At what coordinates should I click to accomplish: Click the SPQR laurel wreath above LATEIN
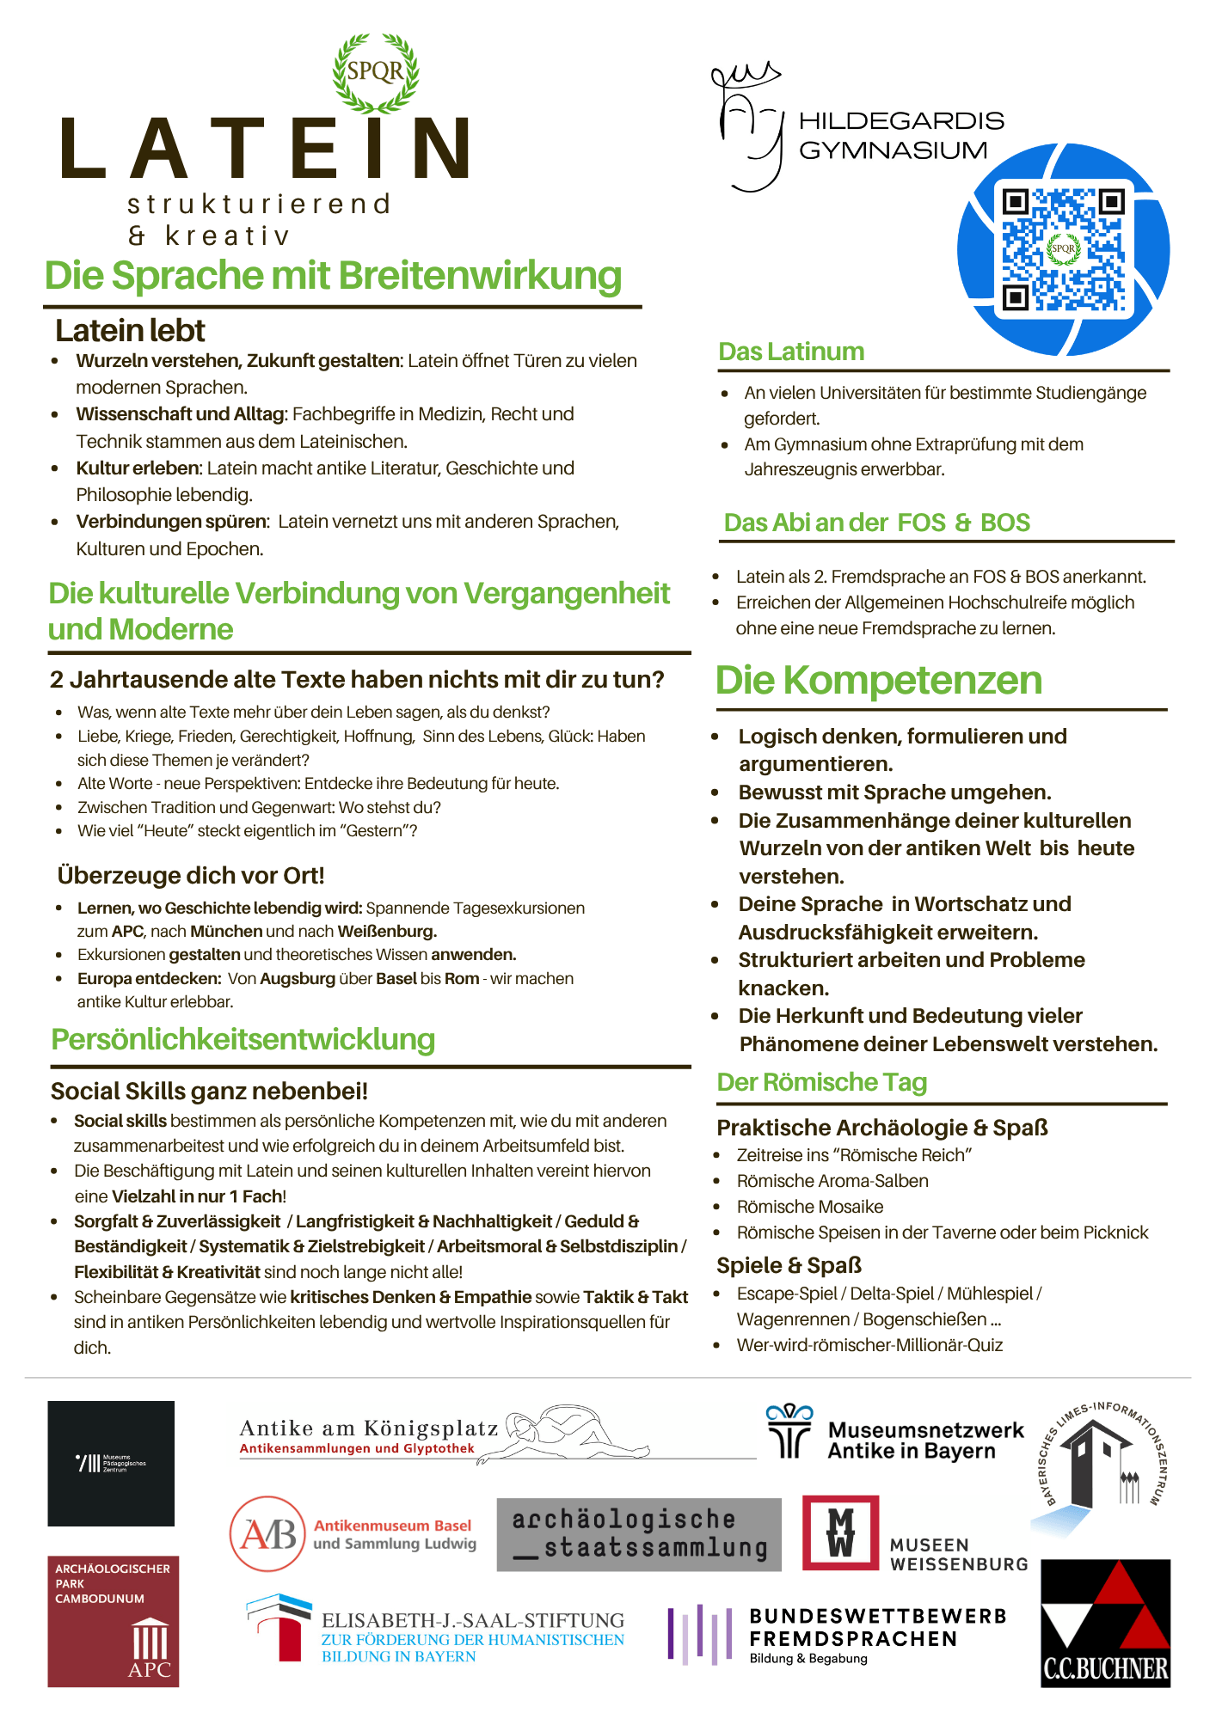pos(376,72)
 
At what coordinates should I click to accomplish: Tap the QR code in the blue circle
pos(1063,249)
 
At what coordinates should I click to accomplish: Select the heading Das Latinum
pos(791,352)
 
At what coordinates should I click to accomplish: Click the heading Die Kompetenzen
pos(878,680)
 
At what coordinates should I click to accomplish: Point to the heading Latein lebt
pos(130,331)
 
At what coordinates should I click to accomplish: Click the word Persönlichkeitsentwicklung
pos(243,1039)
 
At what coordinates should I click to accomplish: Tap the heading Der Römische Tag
pos(821,1082)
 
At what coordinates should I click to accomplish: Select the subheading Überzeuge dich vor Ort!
pos(191,875)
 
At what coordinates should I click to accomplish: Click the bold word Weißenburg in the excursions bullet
pos(387,931)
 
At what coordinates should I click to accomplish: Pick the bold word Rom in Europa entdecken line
pos(462,978)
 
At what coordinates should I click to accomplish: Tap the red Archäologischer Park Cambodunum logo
pos(113,1621)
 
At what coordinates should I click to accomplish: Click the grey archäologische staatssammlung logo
pos(639,1534)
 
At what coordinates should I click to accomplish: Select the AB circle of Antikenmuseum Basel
pos(267,1533)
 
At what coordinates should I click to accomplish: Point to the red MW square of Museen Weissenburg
pos(840,1532)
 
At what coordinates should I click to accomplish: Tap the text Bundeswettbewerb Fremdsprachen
pos(877,1627)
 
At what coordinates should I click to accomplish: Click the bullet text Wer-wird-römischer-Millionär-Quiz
pos(869,1345)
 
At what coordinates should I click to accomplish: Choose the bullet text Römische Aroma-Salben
pos(832,1181)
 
